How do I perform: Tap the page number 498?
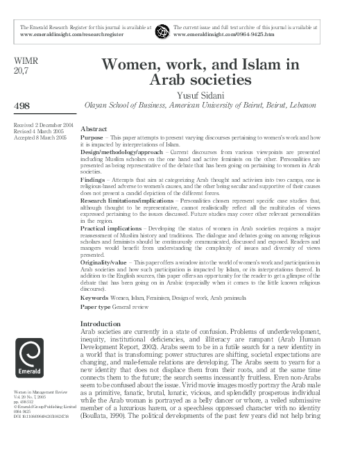(x=20, y=103)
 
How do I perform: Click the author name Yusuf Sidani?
(x=218, y=94)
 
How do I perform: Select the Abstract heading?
(x=94, y=130)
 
